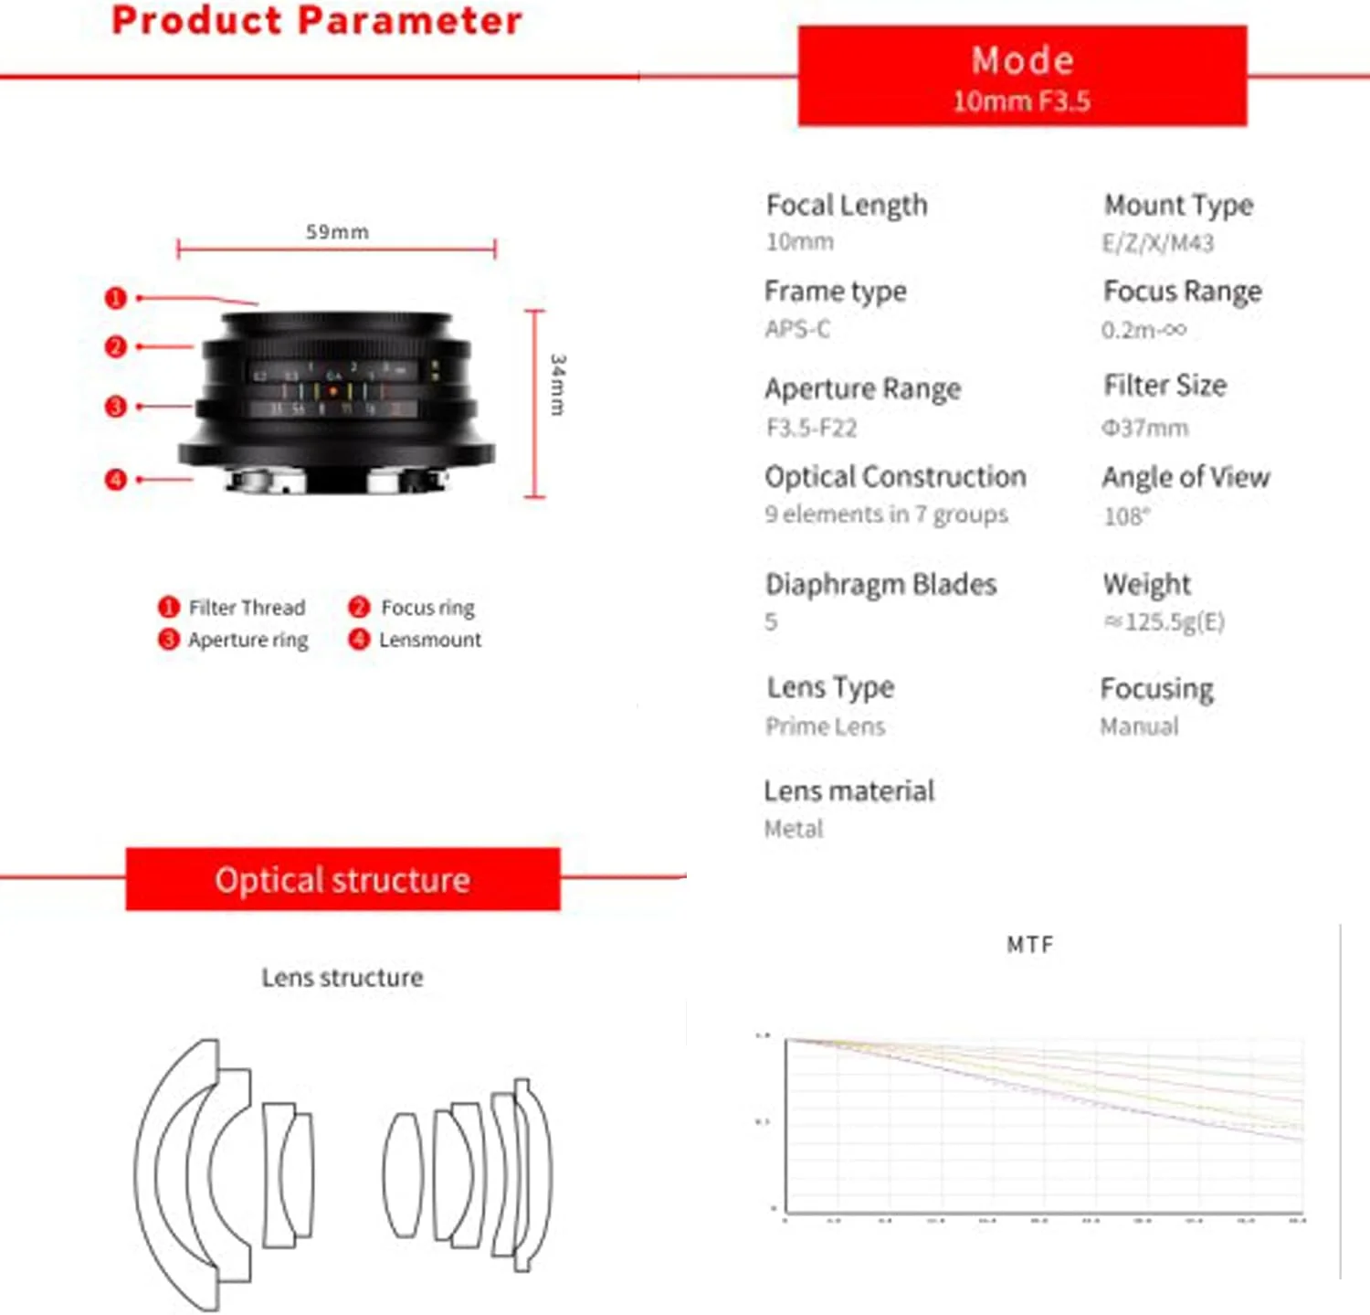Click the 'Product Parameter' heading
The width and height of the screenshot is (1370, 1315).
[x=316, y=21]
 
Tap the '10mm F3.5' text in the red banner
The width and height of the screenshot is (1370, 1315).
[x=1021, y=101]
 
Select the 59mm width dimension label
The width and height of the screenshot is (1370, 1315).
[x=337, y=232]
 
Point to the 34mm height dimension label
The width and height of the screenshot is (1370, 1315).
[x=557, y=385]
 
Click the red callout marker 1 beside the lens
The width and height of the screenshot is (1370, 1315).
[x=115, y=298]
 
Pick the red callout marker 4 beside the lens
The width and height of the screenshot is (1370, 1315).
[x=115, y=479]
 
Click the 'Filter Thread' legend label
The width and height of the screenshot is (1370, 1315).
[x=247, y=608]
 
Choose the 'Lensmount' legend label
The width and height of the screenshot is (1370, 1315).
[x=430, y=640]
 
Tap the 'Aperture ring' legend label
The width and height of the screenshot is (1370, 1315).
[x=248, y=640]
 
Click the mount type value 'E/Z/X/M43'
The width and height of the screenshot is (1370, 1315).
[x=1157, y=243]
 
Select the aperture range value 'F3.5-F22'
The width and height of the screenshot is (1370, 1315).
[x=811, y=428]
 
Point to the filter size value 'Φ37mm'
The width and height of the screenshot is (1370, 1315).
[x=1144, y=428]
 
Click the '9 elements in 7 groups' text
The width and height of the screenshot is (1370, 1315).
[x=886, y=514]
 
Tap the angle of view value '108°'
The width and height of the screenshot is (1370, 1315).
[x=1126, y=516]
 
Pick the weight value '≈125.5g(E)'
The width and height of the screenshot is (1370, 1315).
[x=1164, y=622]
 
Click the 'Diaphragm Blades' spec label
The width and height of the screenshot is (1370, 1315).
[x=880, y=584]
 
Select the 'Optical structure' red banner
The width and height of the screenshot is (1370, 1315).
[x=342, y=879]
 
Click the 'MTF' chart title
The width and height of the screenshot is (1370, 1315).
[x=1029, y=945]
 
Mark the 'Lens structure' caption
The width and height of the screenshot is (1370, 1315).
[x=342, y=978]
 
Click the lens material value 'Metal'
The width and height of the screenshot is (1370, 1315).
[x=793, y=829]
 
